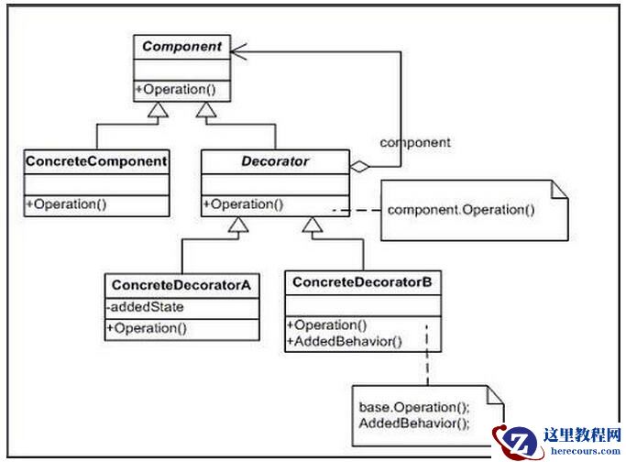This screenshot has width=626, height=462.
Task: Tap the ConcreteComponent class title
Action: click(96, 162)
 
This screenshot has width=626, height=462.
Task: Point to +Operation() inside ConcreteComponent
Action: click(66, 204)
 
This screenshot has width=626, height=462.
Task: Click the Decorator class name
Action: click(275, 162)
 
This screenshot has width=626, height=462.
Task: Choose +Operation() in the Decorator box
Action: click(243, 204)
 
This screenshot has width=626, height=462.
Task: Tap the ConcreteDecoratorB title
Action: click(361, 282)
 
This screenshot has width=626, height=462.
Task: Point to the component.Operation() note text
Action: click(461, 210)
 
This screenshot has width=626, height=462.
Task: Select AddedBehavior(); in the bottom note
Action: click(413, 423)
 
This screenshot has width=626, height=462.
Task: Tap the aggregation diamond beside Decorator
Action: click(360, 167)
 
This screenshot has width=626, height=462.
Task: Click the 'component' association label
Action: click(414, 143)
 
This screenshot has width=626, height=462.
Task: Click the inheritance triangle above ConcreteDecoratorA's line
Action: click(236, 225)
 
